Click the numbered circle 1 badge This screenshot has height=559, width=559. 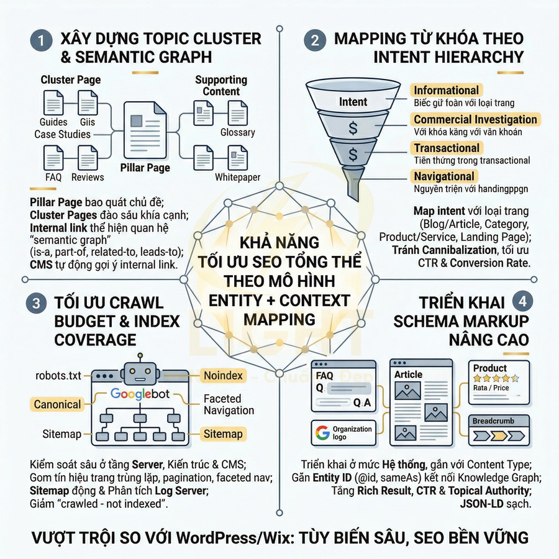click(x=41, y=42)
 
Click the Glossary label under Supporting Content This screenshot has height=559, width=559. click(x=237, y=132)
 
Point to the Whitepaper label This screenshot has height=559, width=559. click(x=237, y=177)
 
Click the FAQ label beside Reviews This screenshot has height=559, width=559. click(x=53, y=177)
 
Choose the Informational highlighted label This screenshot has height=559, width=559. click(x=446, y=91)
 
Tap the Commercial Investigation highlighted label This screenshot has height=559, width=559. click(x=475, y=119)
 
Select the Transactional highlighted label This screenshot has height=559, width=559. click(x=447, y=148)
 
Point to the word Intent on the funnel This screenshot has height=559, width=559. click(x=353, y=102)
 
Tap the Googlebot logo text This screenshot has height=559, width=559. click(x=140, y=394)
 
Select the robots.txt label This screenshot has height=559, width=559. click(x=58, y=376)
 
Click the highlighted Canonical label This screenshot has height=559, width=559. click(x=57, y=404)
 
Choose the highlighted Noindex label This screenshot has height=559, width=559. click(x=223, y=376)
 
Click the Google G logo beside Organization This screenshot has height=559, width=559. click(x=322, y=432)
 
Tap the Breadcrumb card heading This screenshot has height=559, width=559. click(x=493, y=421)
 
